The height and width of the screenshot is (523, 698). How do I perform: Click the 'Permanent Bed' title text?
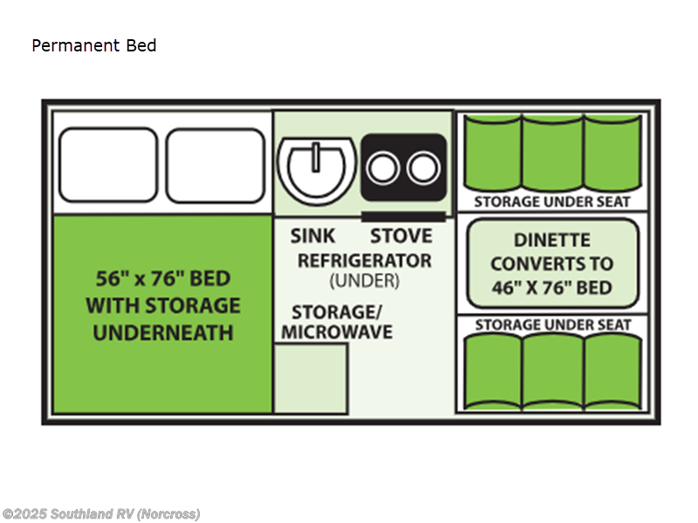pyautogui.click(x=94, y=45)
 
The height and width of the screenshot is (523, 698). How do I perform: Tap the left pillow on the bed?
pyautogui.click(x=107, y=163)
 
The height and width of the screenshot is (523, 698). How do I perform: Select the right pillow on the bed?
pyautogui.click(x=215, y=163)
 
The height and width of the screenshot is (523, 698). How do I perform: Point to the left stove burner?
pyautogui.click(x=383, y=167)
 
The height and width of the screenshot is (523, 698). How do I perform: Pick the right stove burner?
pyautogui.click(x=423, y=167)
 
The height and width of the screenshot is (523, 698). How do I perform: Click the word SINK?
pyautogui.click(x=313, y=235)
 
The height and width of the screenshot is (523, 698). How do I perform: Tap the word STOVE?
pyautogui.click(x=400, y=235)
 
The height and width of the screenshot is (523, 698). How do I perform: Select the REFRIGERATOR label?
pyautogui.click(x=364, y=260)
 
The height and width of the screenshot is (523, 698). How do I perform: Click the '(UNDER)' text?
pyautogui.click(x=364, y=281)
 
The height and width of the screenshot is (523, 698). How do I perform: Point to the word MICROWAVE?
pyautogui.click(x=337, y=332)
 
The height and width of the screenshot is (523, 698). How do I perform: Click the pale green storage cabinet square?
pyautogui.click(x=311, y=377)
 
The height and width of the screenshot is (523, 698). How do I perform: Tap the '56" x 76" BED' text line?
pyautogui.click(x=163, y=279)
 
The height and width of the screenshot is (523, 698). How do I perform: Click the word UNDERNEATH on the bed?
pyautogui.click(x=163, y=332)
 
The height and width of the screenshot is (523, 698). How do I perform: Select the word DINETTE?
pyautogui.click(x=551, y=240)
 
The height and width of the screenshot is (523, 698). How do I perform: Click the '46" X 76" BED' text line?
pyautogui.click(x=551, y=288)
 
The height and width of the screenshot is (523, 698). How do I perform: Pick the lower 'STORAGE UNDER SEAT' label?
pyautogui.click(x=552, y=325)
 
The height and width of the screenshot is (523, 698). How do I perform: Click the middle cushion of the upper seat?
pyautogui.click(x=552, y=153)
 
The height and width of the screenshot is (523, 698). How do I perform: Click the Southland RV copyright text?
pyautogui.click(x=100, y=513)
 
